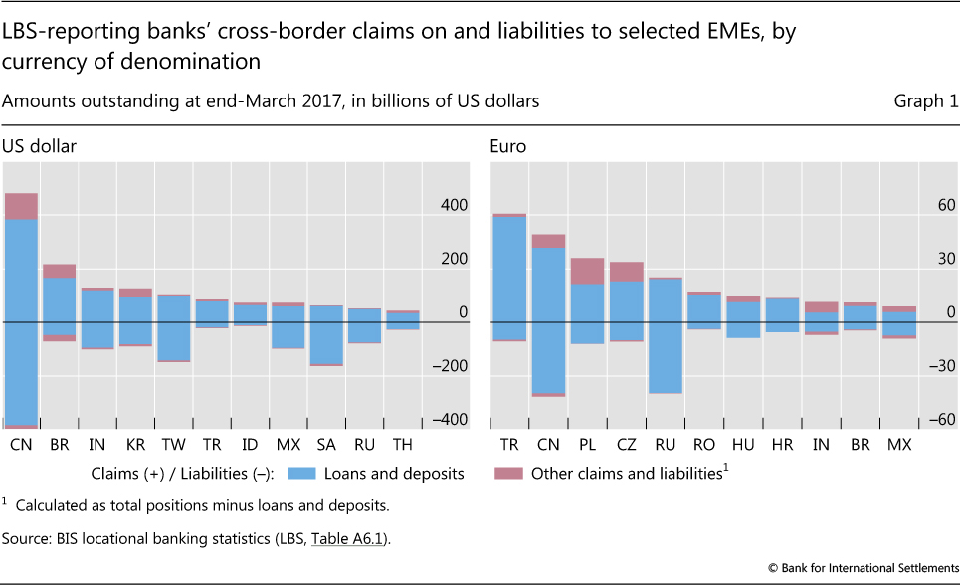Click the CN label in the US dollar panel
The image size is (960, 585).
21,444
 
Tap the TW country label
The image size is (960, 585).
173,444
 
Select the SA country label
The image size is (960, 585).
326,444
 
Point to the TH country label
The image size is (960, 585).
402,444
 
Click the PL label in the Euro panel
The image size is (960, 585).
587,444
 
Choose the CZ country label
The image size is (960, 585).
626,444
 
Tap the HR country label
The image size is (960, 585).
782,444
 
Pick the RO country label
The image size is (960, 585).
704,444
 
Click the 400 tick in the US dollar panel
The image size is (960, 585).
454,206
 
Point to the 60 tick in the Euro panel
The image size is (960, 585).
944,206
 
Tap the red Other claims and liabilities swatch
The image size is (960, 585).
508,474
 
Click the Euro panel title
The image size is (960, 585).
507,146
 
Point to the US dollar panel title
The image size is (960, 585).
39,146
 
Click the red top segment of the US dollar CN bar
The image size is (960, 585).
21,206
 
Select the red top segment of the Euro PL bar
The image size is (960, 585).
587,271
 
